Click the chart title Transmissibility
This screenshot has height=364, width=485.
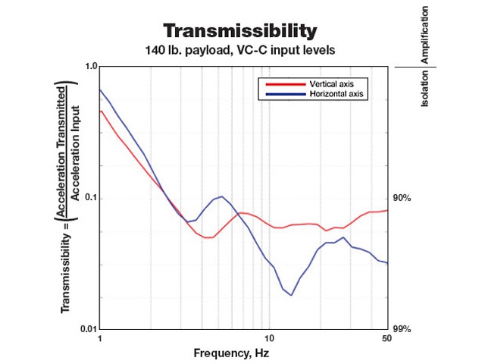click(x=239, y=31)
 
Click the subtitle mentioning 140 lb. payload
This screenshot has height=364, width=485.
click(x=239, y=51)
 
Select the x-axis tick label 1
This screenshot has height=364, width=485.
click(x=99, y=339)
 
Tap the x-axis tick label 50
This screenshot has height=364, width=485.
click(x=386, y=339)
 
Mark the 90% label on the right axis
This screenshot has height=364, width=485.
click(x=402, y=198)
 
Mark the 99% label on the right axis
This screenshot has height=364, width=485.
click(x=402, y=329)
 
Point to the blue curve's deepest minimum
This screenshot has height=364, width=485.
click(x=292, y=295)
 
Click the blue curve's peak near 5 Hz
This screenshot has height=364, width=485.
click(x=221, y=196)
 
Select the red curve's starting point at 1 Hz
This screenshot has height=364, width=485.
click(x=100, y=111)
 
